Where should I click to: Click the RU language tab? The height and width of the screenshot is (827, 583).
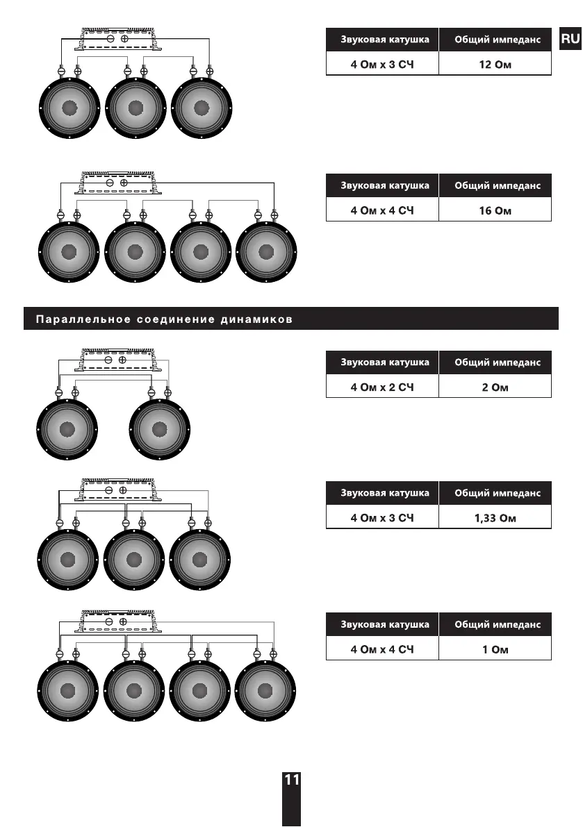pyautogui.click(x=570, y=39)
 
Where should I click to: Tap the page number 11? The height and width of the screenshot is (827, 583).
pyautogui.click(x=292, y=780)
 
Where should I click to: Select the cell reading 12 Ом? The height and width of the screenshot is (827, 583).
pyautogui.click(x=495, y=65)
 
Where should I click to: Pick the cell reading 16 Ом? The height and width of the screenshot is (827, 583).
pyautogui.click(x=495, y=210)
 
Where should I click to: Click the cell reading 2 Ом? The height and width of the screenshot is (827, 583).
pyautogui.click(x=495, y=387)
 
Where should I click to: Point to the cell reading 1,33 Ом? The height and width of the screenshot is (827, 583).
pyautogui.click(x=495, y=518)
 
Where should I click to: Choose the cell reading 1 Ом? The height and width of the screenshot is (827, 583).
pyautogui.click(x=495, y=649)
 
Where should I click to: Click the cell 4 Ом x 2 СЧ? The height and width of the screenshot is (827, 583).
pyautogui.click(x=382, y=387)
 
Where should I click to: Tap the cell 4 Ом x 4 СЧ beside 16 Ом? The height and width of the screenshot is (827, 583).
pyautogui.click(x=382, y=210)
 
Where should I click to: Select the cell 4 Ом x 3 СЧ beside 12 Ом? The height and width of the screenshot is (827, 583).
pyautogui.click(x=382, y=65)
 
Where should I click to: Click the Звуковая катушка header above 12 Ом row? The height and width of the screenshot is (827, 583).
pyautogui.click(x=382, y=40)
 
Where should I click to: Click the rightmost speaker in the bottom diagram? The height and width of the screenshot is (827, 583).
pyautogui.click(x=266, y=691)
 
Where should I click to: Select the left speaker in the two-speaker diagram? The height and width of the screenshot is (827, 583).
pyautogui.click(x=67, y=430)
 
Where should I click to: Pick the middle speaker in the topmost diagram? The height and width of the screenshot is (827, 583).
pyautogui.click(x=136, y=108)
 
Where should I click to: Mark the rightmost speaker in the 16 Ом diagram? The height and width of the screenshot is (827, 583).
pyautogui.click(x=266, y=251)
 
